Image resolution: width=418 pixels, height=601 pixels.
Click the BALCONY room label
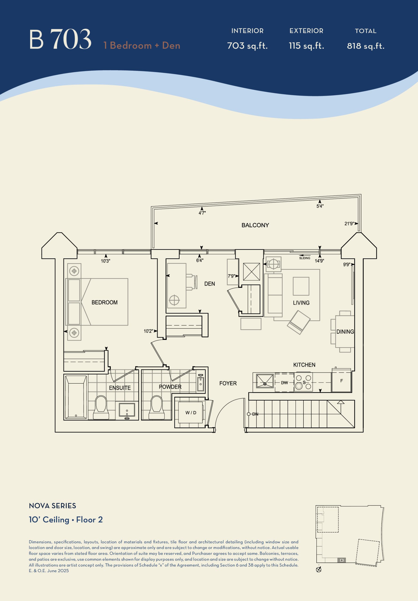[255, 225]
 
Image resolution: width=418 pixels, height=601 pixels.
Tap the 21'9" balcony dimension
[349, 223]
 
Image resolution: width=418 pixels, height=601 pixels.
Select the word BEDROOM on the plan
[104, 302]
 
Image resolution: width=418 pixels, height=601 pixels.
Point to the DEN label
[209, 284]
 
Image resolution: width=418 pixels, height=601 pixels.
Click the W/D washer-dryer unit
[191, 412]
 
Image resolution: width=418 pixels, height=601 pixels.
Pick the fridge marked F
[341, 381]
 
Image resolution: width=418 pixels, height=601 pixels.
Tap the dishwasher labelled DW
[284, 383]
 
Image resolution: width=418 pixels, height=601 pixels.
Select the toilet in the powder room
[157, 408]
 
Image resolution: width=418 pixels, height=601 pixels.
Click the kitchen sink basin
[265, 381]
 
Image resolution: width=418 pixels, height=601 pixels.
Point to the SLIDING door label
[304, 258]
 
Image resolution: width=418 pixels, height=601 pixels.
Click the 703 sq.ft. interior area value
[247, 46]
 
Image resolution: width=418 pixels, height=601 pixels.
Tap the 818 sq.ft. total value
[366, 46]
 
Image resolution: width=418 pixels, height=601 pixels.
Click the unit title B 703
[60, 39]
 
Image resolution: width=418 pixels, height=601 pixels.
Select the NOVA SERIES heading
[52, 506]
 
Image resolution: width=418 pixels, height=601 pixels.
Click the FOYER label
[228, 383]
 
